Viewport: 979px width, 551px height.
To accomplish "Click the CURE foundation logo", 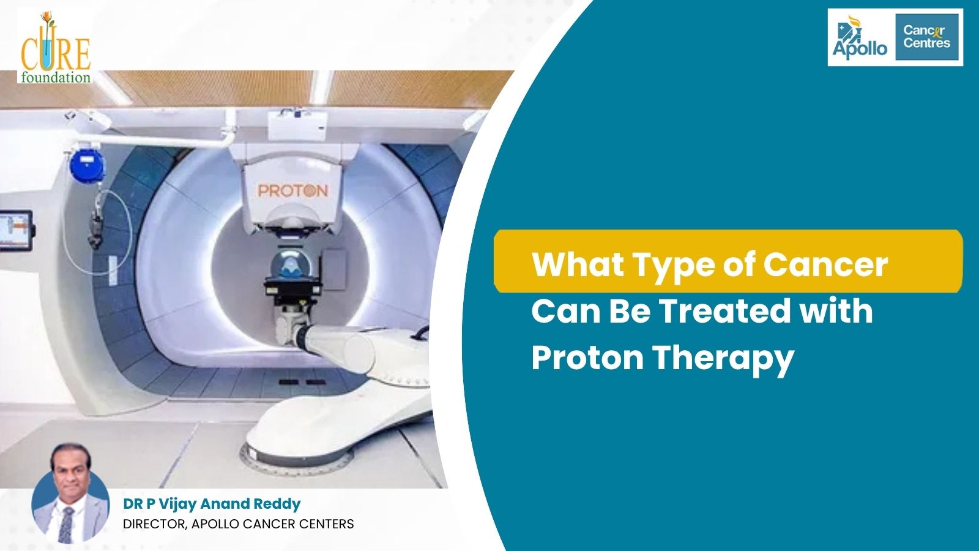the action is tap(55, 47).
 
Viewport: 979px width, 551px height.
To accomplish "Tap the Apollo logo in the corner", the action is tap(859, 37).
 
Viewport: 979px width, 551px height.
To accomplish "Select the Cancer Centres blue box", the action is tap(927, 37).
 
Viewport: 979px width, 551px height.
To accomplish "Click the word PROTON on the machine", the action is tap(293, 190).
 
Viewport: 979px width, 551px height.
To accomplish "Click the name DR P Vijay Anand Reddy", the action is tap(212, 504).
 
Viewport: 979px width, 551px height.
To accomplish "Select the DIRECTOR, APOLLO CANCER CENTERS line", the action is tap(238, 524).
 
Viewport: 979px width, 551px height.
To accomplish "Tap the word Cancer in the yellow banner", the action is tap(825, 264).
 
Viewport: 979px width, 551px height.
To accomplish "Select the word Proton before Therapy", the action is tap(587, 358).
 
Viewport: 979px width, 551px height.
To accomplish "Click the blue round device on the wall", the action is tap(87, 165).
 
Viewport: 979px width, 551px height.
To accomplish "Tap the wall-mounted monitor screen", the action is tap(15, 230).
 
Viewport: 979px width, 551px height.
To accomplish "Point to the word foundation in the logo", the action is tap(56, 78).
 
